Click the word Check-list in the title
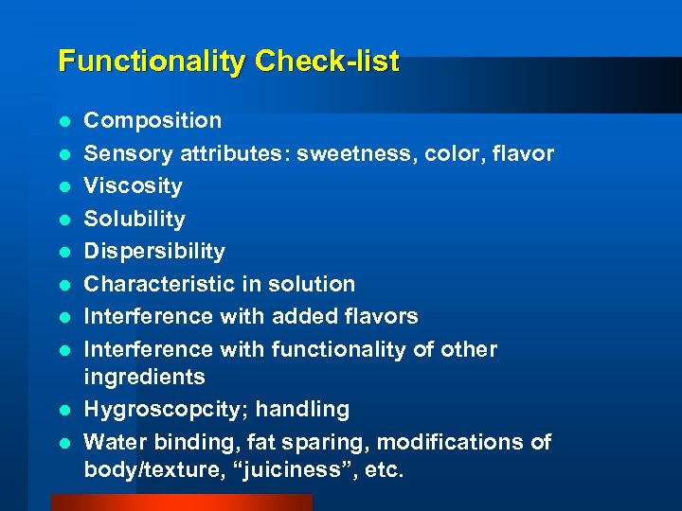[x=324, y=62]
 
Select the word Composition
[x=153, y=120]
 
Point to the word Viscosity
[x=133, y=185]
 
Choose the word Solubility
[x=135, y=219]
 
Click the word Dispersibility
[x=154, y=251]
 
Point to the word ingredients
[x=144, y=377]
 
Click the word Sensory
[x=124, y=153]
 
